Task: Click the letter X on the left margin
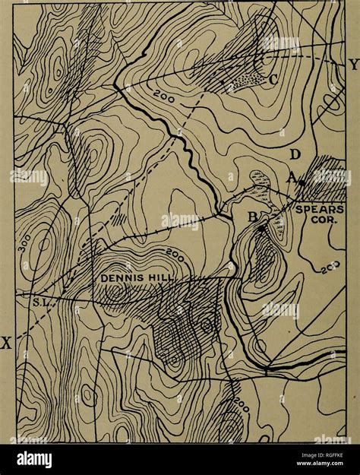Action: (6, 343)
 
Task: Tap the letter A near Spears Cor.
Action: (291, 176)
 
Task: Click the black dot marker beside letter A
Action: (302, 183)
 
